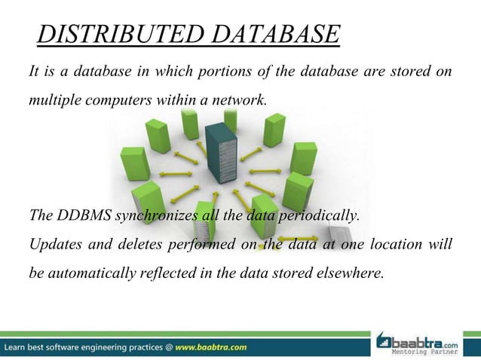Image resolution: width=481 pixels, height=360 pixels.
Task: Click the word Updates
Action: (x=54, y=244)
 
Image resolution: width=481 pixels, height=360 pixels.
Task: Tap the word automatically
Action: (x=97, y=272)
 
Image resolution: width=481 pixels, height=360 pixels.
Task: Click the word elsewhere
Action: (x=351, y=272)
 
